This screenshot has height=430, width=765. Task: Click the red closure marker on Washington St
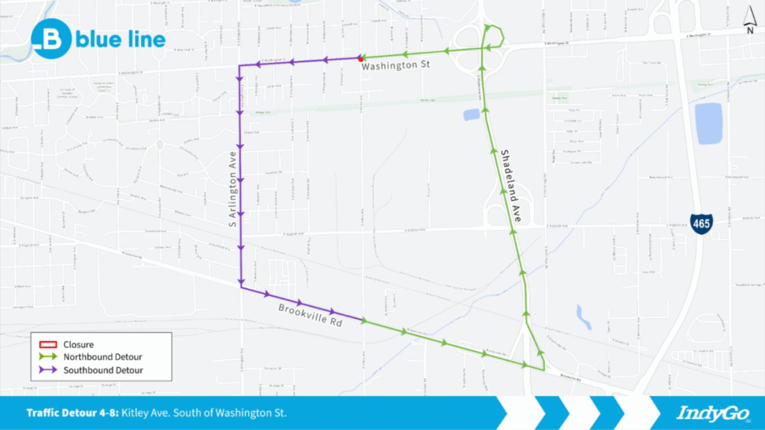pos(361,58)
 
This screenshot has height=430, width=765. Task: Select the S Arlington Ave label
pos(234,190)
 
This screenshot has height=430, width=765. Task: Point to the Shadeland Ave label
pos(511,186)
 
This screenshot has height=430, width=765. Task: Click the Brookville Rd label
pos(310,315)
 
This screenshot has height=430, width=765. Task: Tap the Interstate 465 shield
pos(701,223)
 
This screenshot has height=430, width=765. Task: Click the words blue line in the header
pos(120,40)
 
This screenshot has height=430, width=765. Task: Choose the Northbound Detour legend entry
pos(102,357)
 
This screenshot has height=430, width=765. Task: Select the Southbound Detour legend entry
pos(103,370)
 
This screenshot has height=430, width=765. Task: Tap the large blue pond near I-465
pos(708,122)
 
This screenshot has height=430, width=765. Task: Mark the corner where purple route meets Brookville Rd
pos(241,288)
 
